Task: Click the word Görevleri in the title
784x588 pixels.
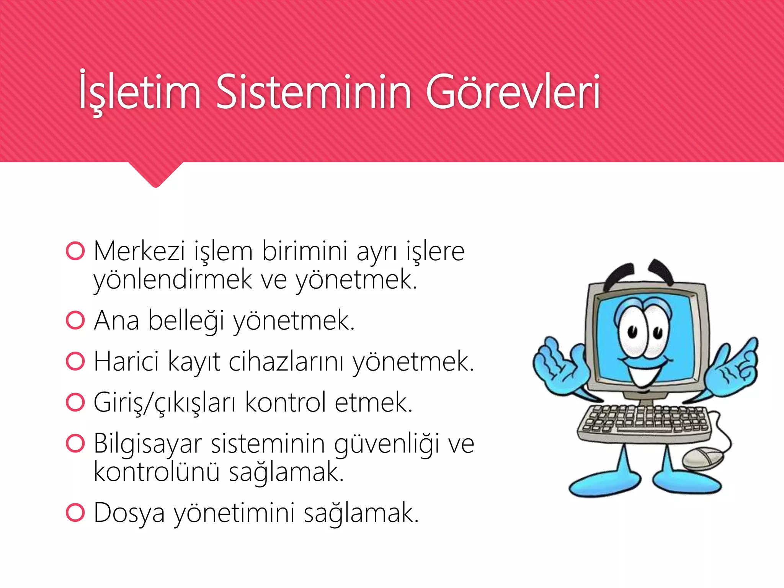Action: coord(513,92)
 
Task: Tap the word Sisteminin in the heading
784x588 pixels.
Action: coord(314,92)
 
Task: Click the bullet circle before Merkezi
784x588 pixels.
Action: coord(75,251)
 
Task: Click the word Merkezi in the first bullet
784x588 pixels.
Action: coord(139,252)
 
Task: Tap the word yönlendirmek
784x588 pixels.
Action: coord(173,280)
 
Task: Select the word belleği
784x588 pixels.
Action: coord(186,321)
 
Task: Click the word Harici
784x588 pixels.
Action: coord(126,361)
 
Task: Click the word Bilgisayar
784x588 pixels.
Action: coord(148,444)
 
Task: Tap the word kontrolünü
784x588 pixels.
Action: coord(157,472)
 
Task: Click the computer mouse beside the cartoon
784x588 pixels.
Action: coord(703,458)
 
